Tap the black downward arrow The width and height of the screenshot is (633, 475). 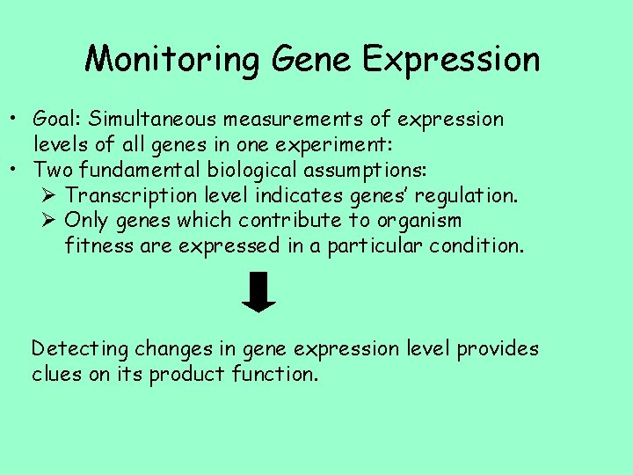[258, 293]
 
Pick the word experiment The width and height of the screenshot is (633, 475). [329, 143]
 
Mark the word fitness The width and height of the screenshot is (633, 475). [99, 245]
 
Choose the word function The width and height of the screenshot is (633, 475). [275, 374]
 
